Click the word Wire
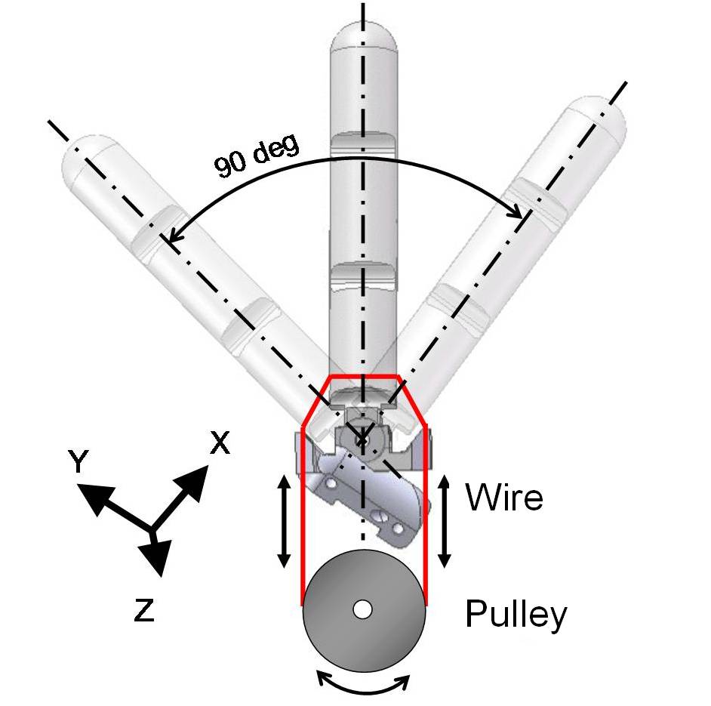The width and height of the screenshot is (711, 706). [504, 497]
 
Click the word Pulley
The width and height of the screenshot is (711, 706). [516, 615]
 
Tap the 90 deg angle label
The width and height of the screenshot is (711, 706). [257, 156]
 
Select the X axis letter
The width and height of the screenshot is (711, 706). [220, 442]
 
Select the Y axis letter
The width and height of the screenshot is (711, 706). [78, 461]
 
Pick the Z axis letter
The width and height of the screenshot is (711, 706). [144, 609]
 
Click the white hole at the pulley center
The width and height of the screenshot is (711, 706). [363, 610]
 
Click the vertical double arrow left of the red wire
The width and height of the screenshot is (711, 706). [284, 521]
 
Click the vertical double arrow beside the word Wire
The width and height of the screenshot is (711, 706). [445, 521]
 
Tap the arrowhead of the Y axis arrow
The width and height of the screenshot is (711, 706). [94, 496]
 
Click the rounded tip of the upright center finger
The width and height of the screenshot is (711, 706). [364, 36]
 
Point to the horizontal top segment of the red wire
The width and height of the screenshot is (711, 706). [364, 376]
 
